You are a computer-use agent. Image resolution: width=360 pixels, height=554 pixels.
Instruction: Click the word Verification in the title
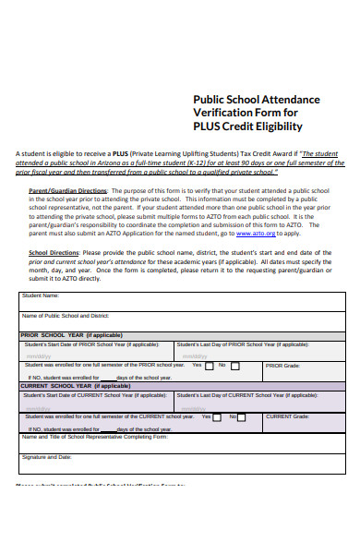[222, 113]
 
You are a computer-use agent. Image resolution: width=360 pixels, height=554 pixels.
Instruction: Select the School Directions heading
[52, 252]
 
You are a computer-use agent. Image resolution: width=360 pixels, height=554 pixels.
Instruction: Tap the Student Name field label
[42, 295]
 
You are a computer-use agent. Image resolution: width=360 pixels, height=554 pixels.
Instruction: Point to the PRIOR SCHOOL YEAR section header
[70, 335]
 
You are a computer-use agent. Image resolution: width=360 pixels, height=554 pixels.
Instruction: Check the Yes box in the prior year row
[210, 366]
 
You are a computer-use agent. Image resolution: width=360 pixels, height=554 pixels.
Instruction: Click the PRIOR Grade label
[282, 366]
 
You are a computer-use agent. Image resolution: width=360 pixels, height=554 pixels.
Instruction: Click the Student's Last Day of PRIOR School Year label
[242, 343]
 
